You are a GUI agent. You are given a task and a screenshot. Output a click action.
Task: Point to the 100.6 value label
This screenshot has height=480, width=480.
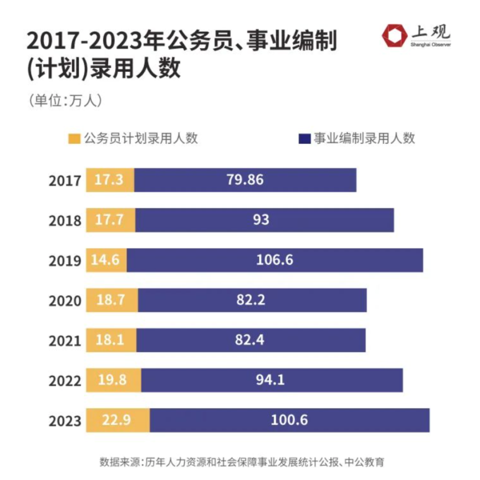coord(289,420)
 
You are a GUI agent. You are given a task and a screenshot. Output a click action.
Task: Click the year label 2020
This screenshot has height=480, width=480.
coord(64,301)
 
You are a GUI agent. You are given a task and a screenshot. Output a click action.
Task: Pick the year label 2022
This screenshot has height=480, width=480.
coord(64,381)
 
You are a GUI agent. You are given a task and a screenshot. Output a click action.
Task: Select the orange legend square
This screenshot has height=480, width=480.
coord(74,138)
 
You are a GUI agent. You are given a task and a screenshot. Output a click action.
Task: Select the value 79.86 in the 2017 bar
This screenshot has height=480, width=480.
coord(245,180)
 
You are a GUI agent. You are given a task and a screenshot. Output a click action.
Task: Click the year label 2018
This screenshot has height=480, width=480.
coord(64,221)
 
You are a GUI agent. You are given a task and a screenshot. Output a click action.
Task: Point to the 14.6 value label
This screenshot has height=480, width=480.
coord(106,260)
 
